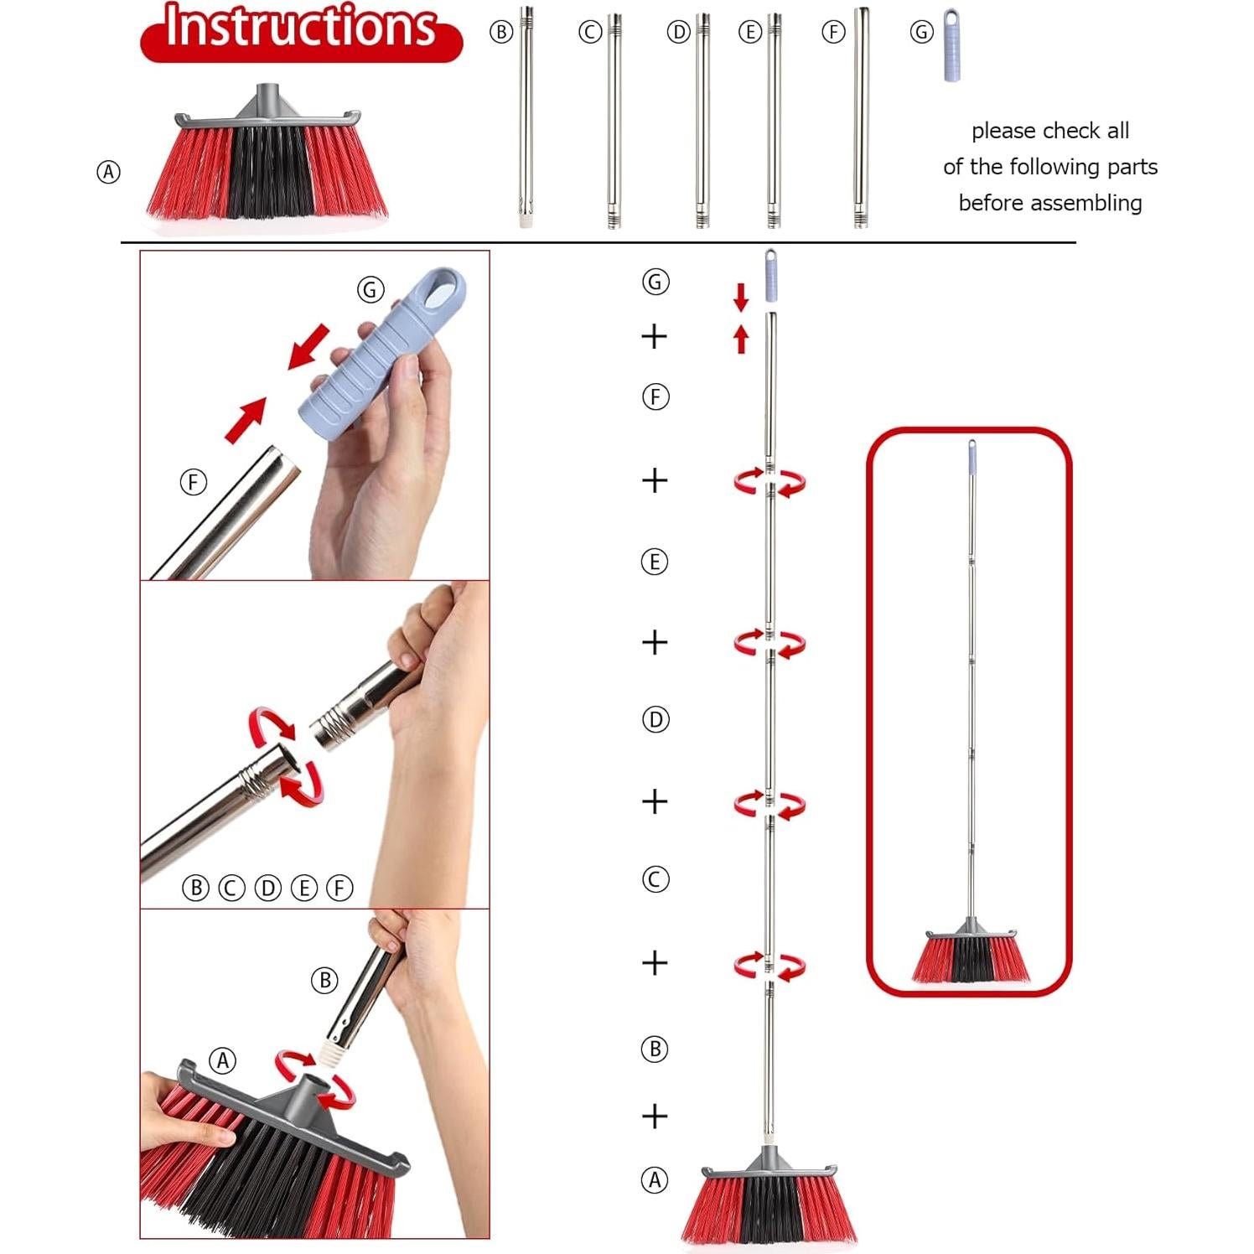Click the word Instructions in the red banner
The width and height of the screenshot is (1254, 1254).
click(x=300, y=28)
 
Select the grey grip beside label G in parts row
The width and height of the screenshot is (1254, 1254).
click(x=951, y=46)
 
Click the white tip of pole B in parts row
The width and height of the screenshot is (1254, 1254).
click(x=526, y=223)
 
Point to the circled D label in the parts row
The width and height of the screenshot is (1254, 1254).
click(x=678, y=33)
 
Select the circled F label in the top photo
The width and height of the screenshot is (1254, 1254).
click(x=194, y=482)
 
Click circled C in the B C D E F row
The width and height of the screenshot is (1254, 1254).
click(x=231, y=888)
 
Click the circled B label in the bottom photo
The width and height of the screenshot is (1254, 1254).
click(x=324, y=980)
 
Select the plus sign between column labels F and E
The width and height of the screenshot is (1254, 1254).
click(x=655, y=480)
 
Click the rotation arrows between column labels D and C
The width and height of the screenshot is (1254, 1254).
click(x=769, y=804)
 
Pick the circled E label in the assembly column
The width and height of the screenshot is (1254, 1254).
click(x=655, y=561)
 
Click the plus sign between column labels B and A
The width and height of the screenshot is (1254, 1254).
click(x=655, y=1116)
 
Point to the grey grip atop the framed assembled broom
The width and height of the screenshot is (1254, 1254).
click(x=972, y=457)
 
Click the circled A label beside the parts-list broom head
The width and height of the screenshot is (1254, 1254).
click(x=108, y=173)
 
